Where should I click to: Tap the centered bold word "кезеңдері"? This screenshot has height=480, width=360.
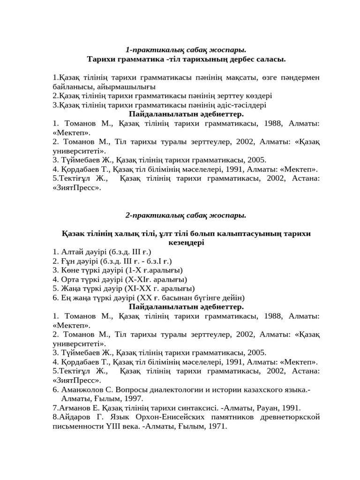(x=186, y=242)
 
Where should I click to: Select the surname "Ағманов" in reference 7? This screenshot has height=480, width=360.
(x=72, y=408)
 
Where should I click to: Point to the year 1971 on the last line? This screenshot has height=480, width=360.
(x=217, y=426)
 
